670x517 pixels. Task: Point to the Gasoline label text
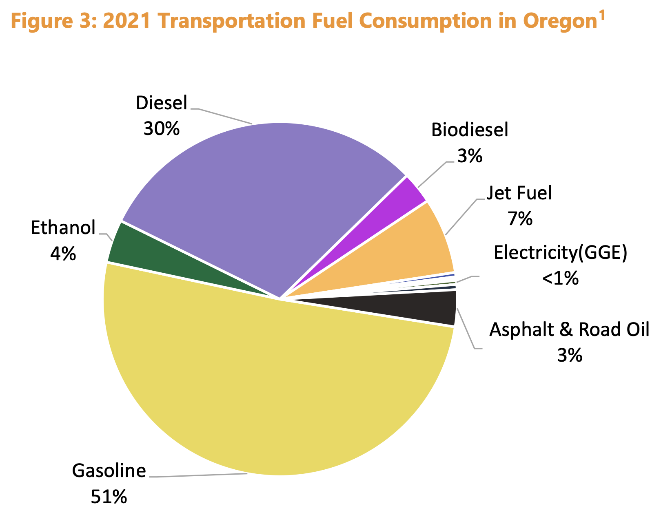pos(109,471)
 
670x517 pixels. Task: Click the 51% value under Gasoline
pos(109,497)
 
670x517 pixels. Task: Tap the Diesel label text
pos(162,103)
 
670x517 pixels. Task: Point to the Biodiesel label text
pos(470,130)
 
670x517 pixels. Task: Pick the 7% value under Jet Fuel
pos(520,219)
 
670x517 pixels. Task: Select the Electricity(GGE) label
pos(560,253)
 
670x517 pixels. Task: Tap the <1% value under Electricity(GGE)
pos(560,279)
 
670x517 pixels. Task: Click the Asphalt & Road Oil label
pos(569,329)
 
